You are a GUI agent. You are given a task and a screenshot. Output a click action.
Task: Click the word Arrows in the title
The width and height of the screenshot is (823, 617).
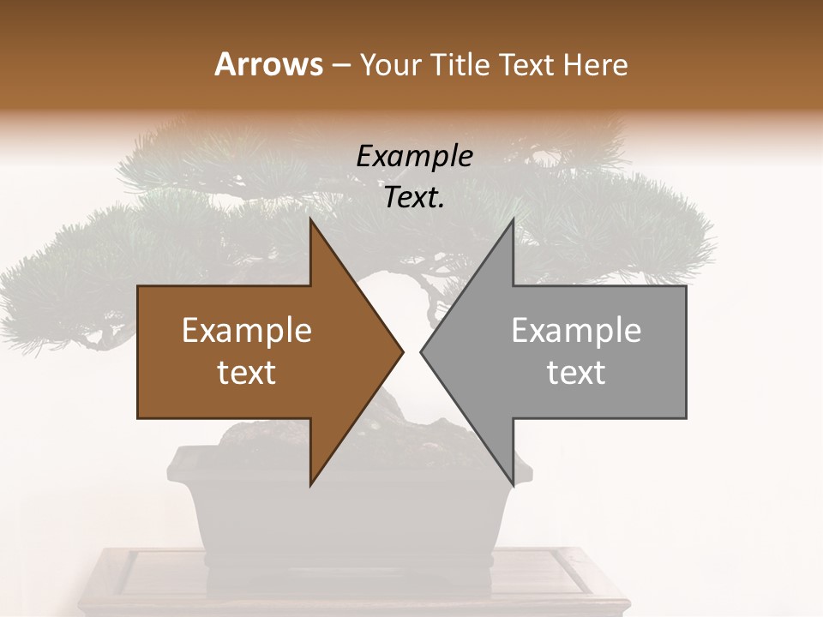[x=268, y=64]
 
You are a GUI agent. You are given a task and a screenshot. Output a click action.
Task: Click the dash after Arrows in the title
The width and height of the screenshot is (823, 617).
[x=339, y=66]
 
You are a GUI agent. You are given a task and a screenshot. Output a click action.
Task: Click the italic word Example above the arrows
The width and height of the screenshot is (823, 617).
[x=414, y=157]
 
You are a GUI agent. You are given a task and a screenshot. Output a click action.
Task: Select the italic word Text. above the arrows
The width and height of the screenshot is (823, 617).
[x=414, y=198]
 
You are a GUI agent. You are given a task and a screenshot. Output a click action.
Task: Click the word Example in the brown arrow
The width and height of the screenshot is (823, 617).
[x=247, y=331]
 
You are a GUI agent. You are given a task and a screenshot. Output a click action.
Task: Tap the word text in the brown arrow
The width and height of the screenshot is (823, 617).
[x=247, y=373]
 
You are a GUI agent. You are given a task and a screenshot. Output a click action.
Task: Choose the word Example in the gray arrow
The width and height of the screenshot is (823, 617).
[x=576, y=331]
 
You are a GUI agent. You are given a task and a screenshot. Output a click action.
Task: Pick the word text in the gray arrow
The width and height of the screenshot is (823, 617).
[x=576, y=373]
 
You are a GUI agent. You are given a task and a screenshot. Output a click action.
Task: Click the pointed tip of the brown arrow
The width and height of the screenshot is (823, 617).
[x=402, y=351]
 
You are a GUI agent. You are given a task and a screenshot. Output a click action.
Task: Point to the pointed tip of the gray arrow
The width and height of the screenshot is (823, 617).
[x=422, y=351]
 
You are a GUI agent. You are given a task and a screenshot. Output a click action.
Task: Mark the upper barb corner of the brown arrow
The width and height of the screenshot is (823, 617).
[x=311, y=220]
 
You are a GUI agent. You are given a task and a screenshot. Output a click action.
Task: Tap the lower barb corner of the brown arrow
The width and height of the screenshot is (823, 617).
[x=311, y=485]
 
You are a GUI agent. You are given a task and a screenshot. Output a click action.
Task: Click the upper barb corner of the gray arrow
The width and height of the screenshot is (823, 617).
[x=513, y=220]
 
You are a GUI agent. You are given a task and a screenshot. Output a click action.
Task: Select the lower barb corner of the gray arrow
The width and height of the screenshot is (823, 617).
[x=513, y=485]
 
